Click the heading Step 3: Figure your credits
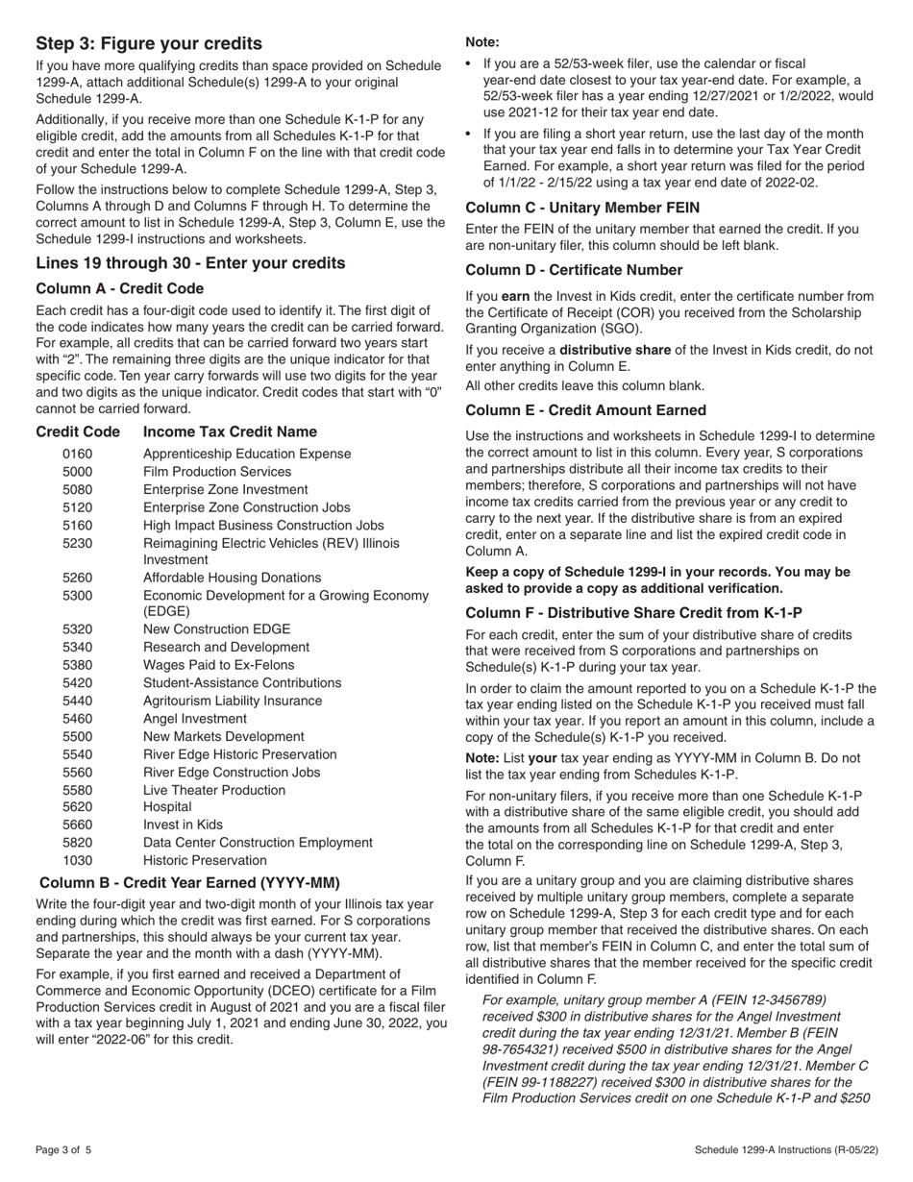[x=149, y=43]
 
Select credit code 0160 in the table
[x=79, y=454]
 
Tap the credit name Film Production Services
[x=217, y=472]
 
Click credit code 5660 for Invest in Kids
[x=79, y=825]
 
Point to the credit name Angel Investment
[x=195, y=719]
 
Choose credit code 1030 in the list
[x=79, y=860]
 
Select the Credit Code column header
[x=78, y=432]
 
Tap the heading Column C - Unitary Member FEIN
[x=582, y=208]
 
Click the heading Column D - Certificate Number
[x=574, y=270]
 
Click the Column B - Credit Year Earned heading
[x=189, y=882]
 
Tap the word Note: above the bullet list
[x=482, y=42]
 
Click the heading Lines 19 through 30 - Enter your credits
[x=190, y=263]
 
